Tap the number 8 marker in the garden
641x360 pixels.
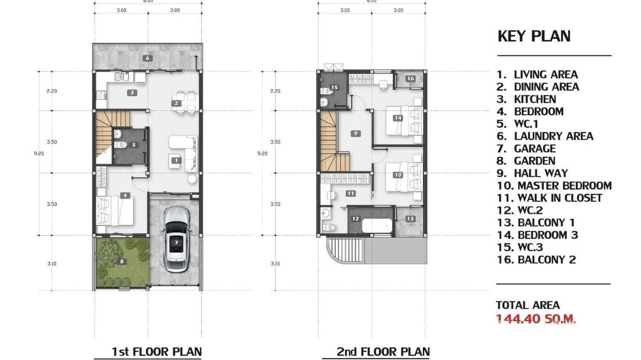click(x=122, y=261)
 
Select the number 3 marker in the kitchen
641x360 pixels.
click(x=132, y=93)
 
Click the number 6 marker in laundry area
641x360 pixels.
click(x=148, y=58)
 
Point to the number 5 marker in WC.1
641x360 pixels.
click(x=134, y=145)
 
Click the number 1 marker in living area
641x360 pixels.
click(x=176, y=160)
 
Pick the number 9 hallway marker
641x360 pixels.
click(x=356, y=134)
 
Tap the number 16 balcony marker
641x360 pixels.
click(x=410, y=79)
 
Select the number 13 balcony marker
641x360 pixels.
click(x=410, y=219)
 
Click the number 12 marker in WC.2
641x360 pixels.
click(x=355, y=219)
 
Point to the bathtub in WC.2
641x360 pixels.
click(x=377, y=225)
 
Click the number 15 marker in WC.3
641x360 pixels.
click(x=334, y=87)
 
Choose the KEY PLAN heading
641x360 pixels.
click(x=534, y=36)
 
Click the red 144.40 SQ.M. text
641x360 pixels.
click(x=536, y=319)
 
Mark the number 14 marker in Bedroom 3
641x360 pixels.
click(x=398, y=118)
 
